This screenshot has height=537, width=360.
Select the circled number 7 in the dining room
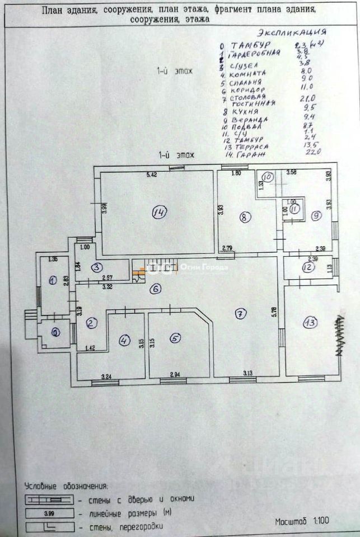(x=240, y=314)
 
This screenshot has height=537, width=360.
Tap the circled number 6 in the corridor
(x=156, y=289)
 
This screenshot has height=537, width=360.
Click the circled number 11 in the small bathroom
(x=294, y=209)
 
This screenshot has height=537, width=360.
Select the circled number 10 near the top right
(x=268, y=177)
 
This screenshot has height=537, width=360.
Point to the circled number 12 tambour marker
(x=307, y=268)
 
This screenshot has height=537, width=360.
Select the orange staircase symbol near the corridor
(x=137, y=273)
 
